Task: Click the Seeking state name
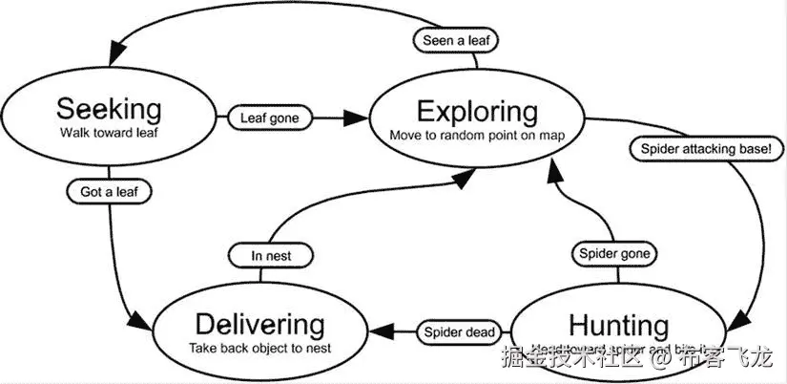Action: (x=108, y=108)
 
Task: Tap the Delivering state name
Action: (x=259, y=325)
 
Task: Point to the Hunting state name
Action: (x=618, y=325)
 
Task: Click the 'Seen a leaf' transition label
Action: (x=456, y=40)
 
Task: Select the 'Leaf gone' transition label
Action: (x=270, y=118)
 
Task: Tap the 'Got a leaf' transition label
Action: (x=110, y=192)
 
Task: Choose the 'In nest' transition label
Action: (x=271, y=255)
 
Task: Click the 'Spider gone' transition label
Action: (x=615, y=254)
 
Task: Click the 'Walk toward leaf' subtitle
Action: (x=108, y=133)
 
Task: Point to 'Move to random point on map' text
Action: (x=477, y=135)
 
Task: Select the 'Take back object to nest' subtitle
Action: (x=259, y=348)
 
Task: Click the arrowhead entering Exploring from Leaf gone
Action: (x=356, y=118)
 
